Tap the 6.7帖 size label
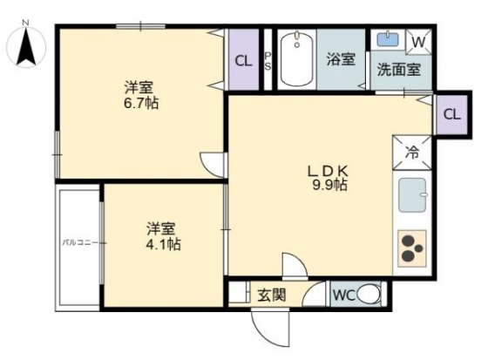tap(140, 103)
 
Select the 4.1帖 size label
tap(163, 245)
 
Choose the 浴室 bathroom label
tap(341, 59)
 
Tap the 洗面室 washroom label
tap(399, 69)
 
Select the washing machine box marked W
tap(418, 41)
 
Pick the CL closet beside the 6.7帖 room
tap(244, 60)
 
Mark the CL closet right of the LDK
tap(451, 115)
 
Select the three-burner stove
tap(412, 248)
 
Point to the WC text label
tap(343, 295)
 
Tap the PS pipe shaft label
tap(268, 59)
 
